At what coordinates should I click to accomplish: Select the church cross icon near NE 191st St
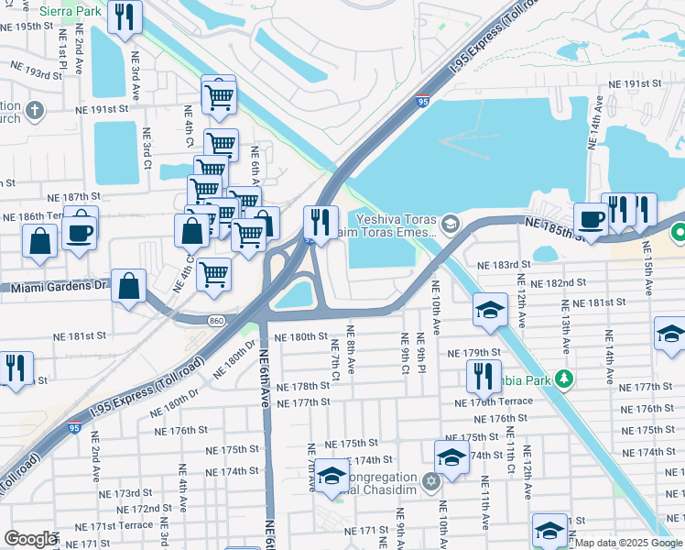(34, 112)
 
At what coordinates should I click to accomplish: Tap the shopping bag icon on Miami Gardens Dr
(130, 285)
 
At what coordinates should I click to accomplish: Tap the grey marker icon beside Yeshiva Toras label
(450, 222)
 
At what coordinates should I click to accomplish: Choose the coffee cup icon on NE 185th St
(591, 219)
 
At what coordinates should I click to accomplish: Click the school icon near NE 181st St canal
(490, 309)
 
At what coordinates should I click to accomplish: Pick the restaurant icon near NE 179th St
(482, 374)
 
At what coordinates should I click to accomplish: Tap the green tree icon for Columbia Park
(566, 378)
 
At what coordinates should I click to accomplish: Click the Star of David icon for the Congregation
(431, 480)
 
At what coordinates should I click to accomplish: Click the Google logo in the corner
(30, 539)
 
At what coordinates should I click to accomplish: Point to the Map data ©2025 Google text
(627, 543)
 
